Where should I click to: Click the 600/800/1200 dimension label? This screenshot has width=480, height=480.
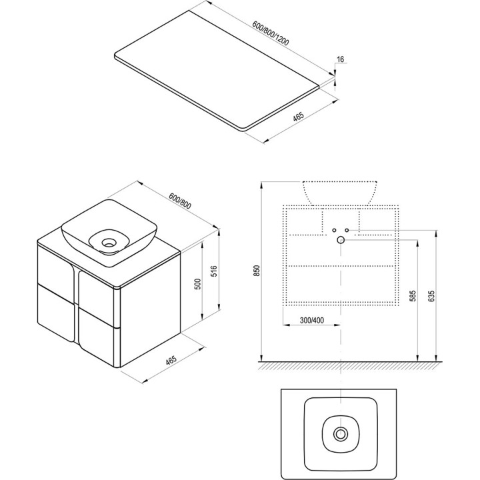(271, 33)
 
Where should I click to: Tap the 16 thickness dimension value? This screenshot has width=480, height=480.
(341, 59)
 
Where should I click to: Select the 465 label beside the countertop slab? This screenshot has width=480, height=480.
(298, 117)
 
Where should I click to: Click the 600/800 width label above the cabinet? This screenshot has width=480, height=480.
(180, 201)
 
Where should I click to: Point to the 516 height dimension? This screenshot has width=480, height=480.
(214, 271)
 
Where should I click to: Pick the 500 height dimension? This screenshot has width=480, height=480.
(198, 284)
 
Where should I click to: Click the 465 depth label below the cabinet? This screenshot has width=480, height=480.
(171, 360)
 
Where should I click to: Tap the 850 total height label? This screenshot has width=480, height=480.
(257, 271)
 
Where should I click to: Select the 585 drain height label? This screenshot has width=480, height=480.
(413, 296)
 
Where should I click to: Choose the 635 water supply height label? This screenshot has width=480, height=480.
(431, 296)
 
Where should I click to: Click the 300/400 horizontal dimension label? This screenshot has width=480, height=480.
(311, 320)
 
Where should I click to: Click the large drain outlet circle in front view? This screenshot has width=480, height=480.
(341, 240)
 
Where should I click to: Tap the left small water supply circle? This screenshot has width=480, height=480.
(334, 230)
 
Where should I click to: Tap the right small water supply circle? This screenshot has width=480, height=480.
(347, 230)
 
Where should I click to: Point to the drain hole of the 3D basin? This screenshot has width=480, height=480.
(109, 243)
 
